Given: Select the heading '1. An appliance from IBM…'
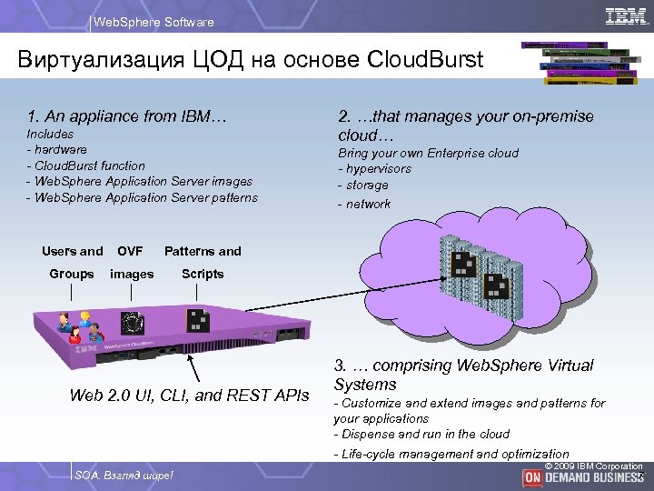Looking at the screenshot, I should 127,116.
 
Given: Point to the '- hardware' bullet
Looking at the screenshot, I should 58,149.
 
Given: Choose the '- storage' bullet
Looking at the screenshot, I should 363,185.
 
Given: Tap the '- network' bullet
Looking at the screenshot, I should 364,204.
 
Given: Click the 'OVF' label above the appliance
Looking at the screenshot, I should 130,251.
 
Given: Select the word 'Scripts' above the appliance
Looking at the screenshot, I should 203,274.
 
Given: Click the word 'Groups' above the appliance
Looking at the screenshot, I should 72,274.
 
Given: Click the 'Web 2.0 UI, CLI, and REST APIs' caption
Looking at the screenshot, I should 190,395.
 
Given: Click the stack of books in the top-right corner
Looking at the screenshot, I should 577,62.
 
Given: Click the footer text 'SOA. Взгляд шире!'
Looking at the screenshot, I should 124,476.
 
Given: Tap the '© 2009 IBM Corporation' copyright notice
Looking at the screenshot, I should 593,466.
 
